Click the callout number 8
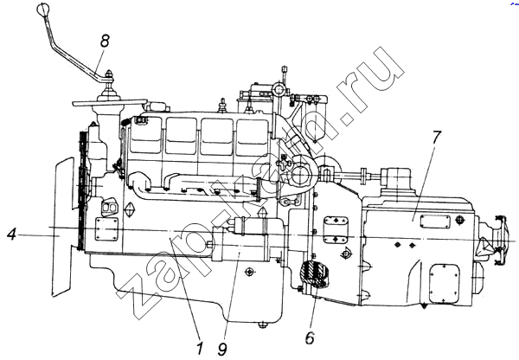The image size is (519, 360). [105, 41]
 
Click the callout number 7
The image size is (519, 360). [436, 137]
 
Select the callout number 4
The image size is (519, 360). [11, 235]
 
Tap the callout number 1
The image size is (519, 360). [199, 348]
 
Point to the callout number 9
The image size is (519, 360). [223, 348]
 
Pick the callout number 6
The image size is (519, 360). [311, 337]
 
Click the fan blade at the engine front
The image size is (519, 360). [62, 227]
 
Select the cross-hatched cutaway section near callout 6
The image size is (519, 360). [313, 273]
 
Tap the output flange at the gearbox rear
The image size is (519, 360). [498, 240]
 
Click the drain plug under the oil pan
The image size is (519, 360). [263, 325]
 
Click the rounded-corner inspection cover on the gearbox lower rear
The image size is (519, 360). [445, 284]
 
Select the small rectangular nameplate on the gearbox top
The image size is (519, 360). [435, 222]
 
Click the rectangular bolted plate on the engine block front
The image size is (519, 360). [106, 228]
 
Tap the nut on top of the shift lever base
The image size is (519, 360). [109, 74]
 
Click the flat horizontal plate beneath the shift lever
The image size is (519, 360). [110, 102]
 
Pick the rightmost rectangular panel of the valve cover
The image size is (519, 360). [253, 137]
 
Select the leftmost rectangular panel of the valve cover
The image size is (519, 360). [146, 135]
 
